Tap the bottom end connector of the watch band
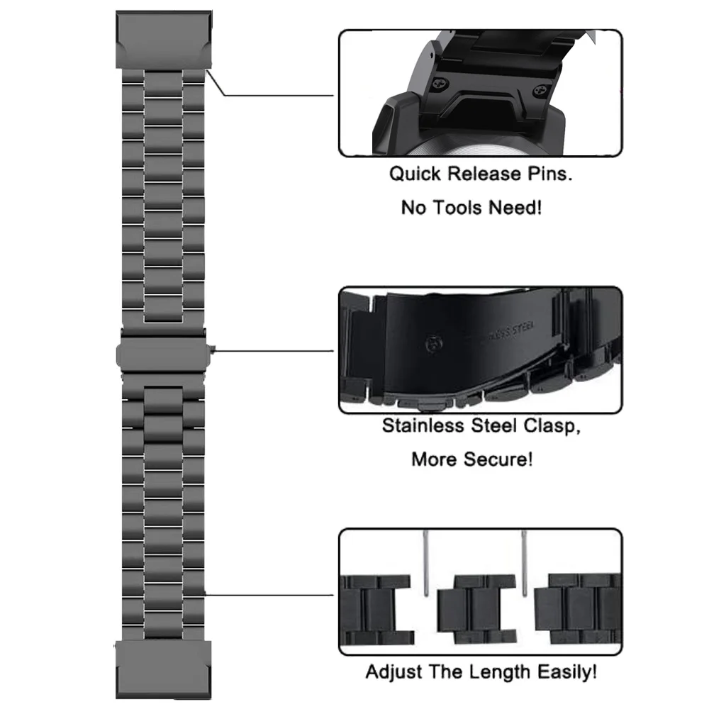coord(162,666)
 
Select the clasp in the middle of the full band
coord(163,350)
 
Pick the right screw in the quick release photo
coord(545,88)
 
